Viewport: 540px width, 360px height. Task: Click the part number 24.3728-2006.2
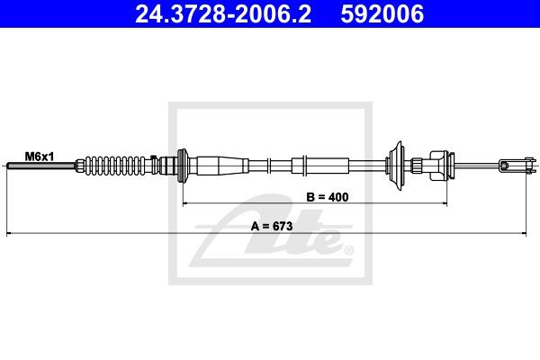[223, 14]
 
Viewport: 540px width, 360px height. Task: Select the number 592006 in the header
[382, 14]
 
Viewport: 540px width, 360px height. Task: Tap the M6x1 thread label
[40, 157]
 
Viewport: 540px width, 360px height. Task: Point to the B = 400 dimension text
[328, 197]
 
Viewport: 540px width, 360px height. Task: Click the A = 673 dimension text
[272, 226]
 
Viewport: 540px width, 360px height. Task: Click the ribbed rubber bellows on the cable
[114, 166]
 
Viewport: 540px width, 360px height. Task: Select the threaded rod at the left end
[41, 166]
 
